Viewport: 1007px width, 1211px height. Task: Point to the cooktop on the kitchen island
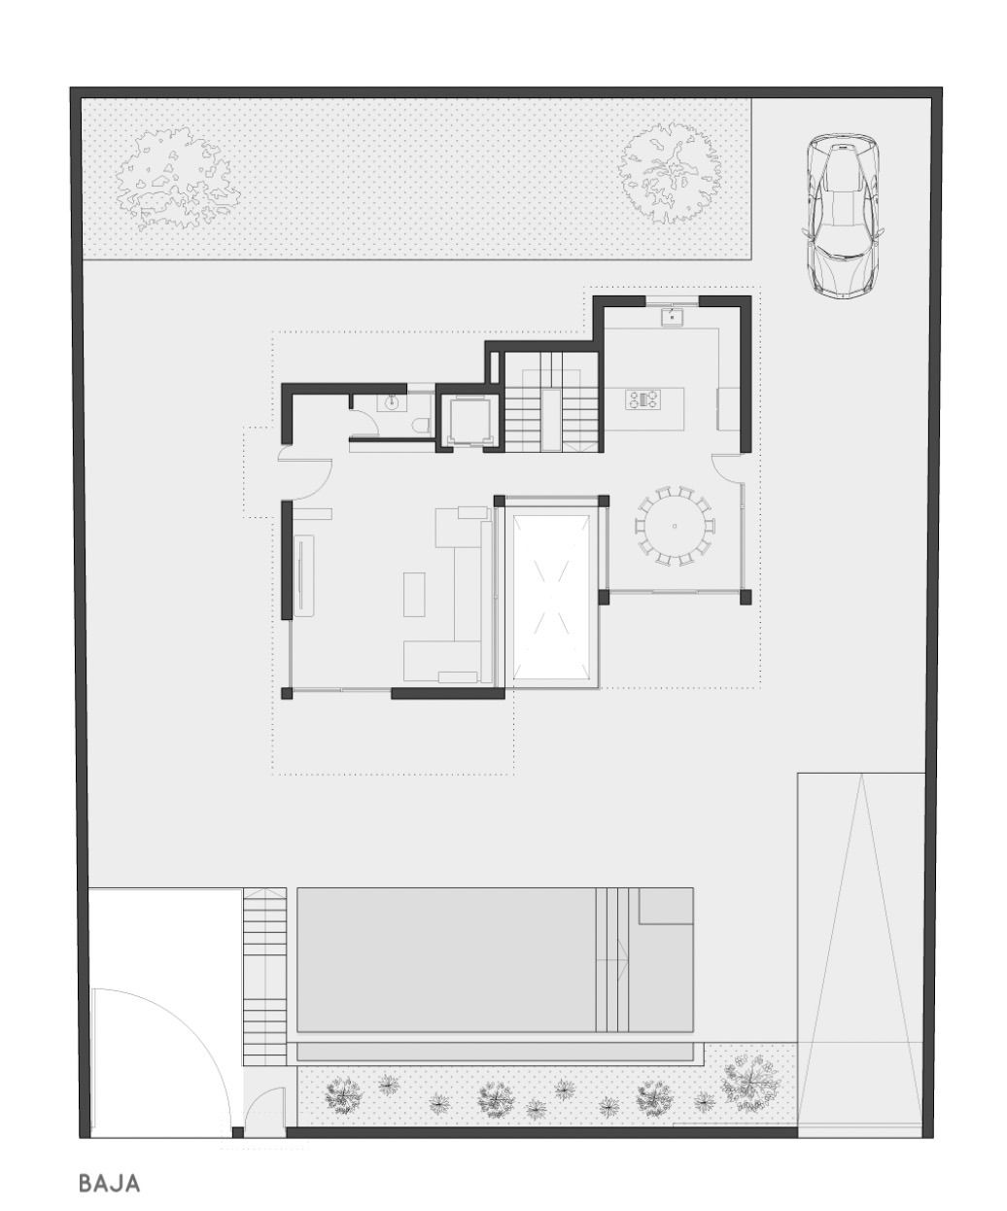643,398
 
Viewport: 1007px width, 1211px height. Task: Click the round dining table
675,526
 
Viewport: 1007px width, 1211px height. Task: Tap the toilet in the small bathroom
421,425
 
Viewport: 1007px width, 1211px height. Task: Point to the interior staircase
551,403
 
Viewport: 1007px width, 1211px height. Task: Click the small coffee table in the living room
414,593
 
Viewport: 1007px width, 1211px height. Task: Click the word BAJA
109,1183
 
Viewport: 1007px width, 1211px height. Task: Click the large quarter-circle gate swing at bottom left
160,1061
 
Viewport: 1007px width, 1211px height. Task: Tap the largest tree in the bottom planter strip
750,1082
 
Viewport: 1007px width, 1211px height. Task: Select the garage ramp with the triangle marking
860,952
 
